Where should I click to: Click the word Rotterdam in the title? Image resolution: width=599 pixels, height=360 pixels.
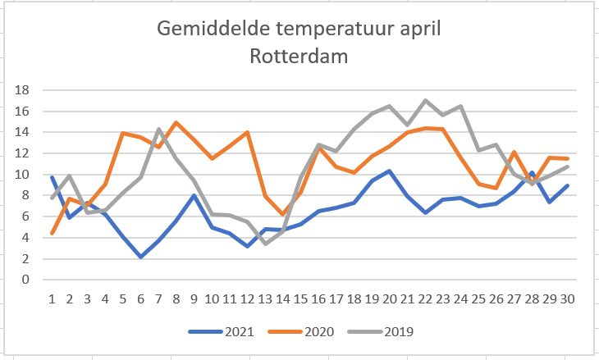coord(299,57)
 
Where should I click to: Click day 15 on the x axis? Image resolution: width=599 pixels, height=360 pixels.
coord(300,298)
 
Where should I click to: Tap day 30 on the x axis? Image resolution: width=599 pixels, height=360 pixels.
coord(566,298)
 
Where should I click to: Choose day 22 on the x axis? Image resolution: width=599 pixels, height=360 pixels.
coord(424,298)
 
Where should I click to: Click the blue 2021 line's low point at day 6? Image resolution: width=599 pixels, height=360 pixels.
coord(141,257)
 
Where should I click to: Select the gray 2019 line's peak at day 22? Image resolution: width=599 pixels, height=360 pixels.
coord(424,101)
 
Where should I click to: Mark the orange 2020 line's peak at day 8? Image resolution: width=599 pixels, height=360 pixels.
coord(176,123)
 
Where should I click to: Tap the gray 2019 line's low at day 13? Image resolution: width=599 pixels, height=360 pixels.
coord(265,244)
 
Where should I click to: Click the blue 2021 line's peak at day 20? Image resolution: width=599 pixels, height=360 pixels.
coord(389,171)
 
